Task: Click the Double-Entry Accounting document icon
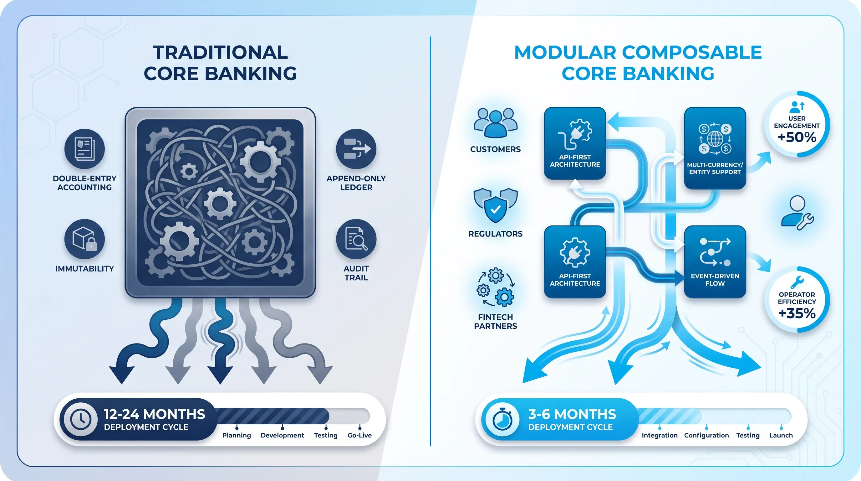point(84,149)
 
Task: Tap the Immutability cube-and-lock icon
point(84,239)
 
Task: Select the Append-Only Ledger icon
point(356,149)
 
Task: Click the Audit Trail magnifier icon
point(356,239)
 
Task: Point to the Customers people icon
point(495,123)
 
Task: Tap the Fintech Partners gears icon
point(495,287)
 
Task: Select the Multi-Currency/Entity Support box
point(715,148)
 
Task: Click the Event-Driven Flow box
point(715,261)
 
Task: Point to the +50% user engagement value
point(797,137)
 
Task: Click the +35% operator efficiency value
point(797,313)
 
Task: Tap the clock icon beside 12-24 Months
point(80,419)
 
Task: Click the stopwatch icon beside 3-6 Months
point(502,419)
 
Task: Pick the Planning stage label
point(237,436)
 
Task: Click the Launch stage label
point(781,435)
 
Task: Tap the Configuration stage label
point(706,436)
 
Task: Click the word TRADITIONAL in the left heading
point(220,53)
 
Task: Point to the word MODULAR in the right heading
point(565,53)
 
